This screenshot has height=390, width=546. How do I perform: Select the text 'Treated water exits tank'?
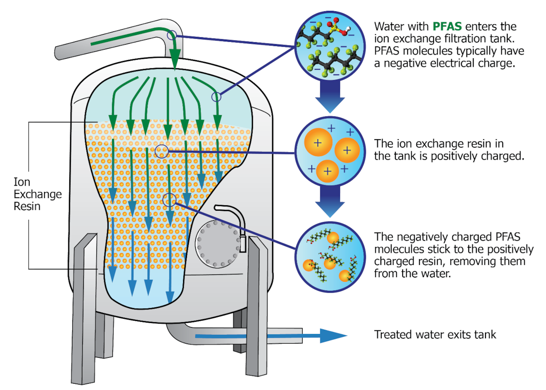(x=435, y=335)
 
